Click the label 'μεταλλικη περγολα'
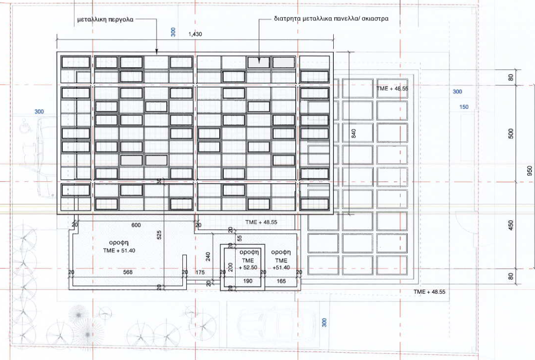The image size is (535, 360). (x=105, y=20)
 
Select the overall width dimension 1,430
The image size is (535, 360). (x=195, y=34)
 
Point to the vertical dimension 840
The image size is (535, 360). (x=353, y=134)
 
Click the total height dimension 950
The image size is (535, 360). (x=529, y=171)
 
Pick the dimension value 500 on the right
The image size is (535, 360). (x=511, y=134)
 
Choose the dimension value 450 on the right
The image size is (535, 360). (x=511, y=225)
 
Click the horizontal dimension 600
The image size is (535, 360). (x=136, y=225)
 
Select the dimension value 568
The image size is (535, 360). (x=128, y=272)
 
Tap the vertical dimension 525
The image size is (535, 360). (x=159, y=235)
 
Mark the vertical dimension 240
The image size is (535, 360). (x=208, y=257)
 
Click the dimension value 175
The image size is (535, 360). (x=200, y=272)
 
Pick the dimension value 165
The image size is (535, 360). (x=281, y=281)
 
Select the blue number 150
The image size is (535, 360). (x=464, y=107)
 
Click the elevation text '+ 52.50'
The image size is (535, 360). (x=247, y=268)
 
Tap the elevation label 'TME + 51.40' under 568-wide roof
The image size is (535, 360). (x=119, y=251)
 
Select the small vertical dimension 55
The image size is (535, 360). (x=239, y=238)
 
